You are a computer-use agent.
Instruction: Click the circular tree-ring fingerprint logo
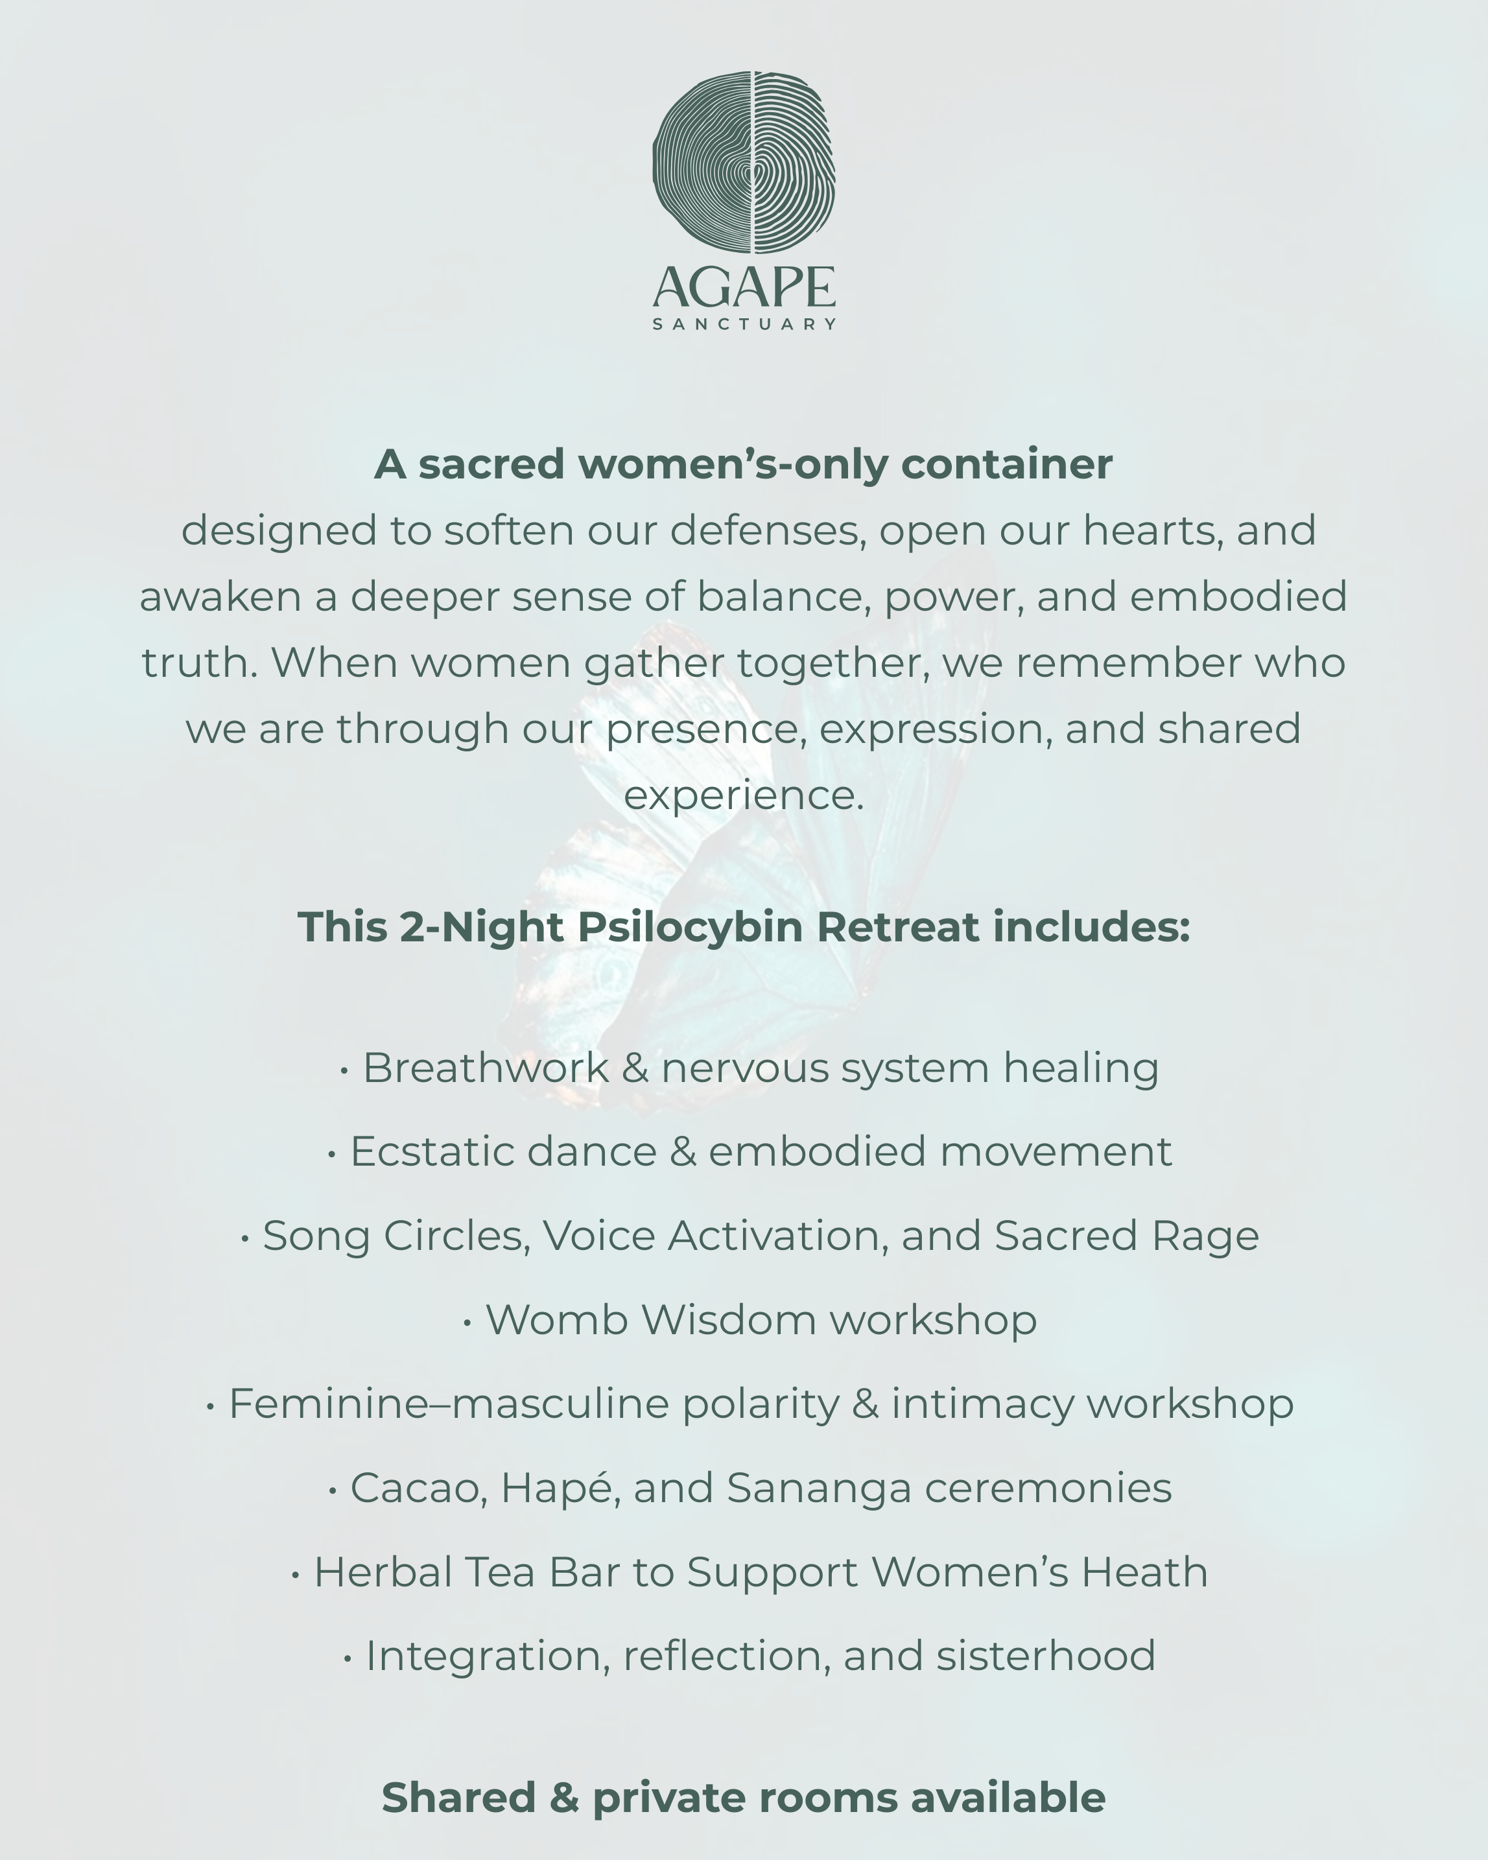[x=744, y=162]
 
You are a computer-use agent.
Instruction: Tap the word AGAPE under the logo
[x=744, y=287]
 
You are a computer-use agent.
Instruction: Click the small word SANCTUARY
[x=744, y=324]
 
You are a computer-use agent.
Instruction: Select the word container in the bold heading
[x=1007, y=464]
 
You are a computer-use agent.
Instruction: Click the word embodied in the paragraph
[x=1238, y=596]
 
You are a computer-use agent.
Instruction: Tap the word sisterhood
[x=1045, y=1656]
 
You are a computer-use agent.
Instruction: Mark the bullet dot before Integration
[x=348, y=1658]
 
